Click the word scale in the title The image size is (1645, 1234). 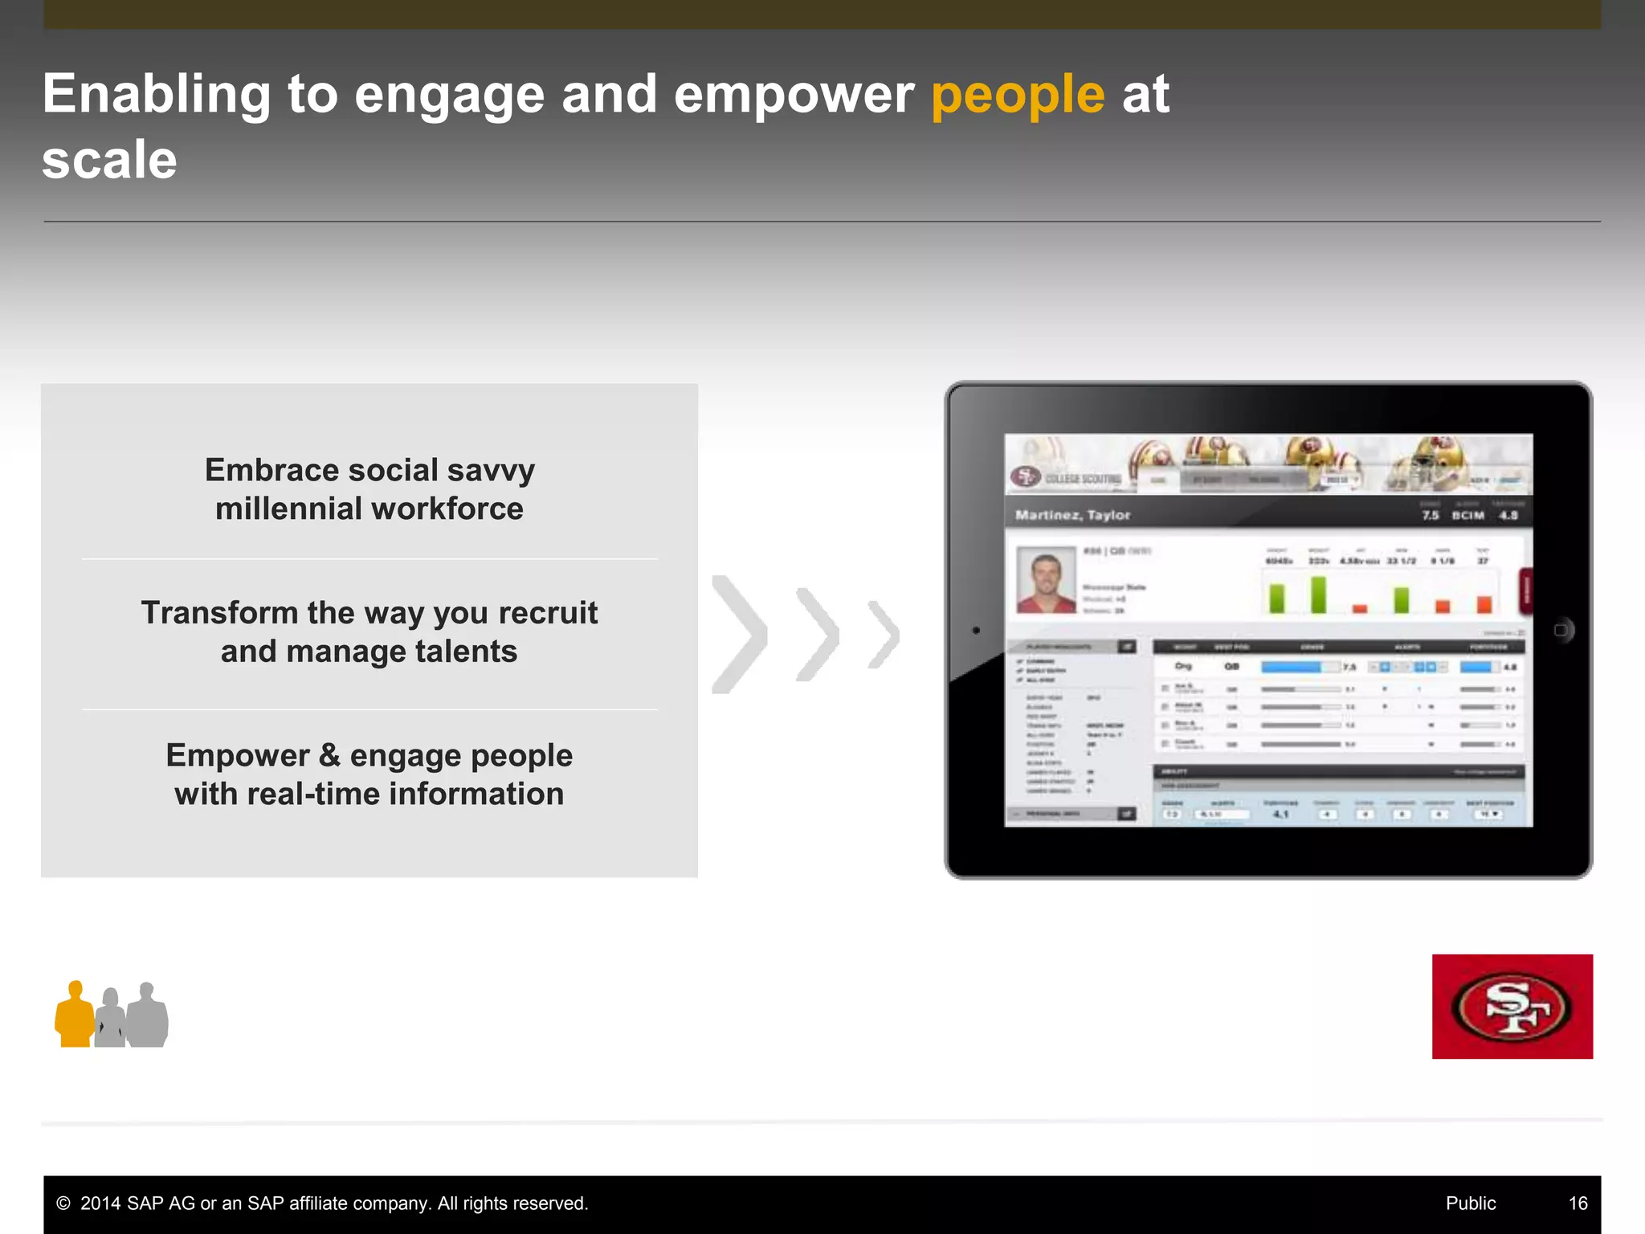109,160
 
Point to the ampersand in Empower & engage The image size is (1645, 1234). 329,756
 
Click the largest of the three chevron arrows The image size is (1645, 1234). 739,635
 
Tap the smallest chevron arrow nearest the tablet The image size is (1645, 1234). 884,635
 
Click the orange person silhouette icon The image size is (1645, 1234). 75,1016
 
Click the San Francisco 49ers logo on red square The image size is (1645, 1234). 1512,1007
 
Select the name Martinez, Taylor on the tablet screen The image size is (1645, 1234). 1072,515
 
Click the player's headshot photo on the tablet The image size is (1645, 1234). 1046,580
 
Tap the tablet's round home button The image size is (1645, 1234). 1561,630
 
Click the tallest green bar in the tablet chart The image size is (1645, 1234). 1318,595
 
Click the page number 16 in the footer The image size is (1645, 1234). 1578,1203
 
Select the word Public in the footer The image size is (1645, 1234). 1470,1203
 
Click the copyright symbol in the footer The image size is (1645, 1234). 63,1203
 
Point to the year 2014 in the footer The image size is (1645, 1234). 100,1203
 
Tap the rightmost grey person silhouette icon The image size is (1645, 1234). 148,1017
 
